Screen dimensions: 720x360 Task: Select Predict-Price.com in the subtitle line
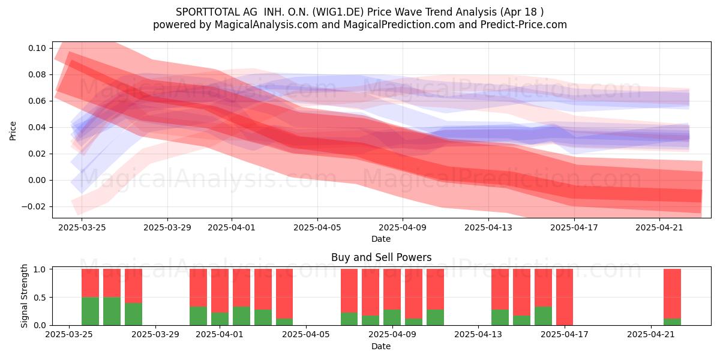click(524, 25)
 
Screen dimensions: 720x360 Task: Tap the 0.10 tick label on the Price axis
click(37, 48)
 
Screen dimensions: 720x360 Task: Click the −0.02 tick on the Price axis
click(34, 206)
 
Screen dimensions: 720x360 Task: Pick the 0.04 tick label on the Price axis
click(37, 127)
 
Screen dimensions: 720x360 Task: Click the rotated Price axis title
click(13, 131)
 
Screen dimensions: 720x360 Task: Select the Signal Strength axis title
click(24, 296)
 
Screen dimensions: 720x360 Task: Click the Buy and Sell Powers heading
click(381, 257)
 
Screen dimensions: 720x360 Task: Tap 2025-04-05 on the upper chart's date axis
click(317, 227)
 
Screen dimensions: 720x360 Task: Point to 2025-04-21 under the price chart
click(659, 227)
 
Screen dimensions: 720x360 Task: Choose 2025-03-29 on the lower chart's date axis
click(155, 334)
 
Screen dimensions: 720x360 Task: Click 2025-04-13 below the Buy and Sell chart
click(478, 334)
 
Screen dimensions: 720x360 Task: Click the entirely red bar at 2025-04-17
click(565, 297)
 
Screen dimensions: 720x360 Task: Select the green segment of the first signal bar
click(91, 311)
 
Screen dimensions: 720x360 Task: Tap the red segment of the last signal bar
click(673, 294)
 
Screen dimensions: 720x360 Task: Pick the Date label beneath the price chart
click(381, 239)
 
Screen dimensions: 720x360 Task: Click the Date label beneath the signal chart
click(381, 346)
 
